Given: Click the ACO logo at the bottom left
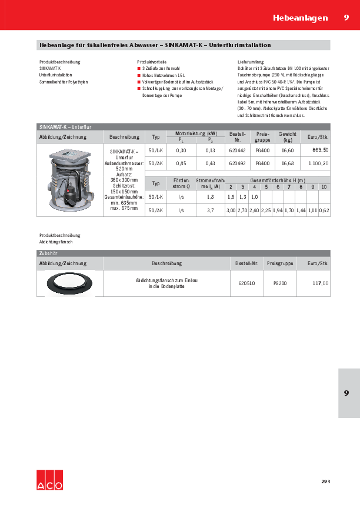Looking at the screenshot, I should pos(48,480).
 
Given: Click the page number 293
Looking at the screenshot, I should pos(325,481).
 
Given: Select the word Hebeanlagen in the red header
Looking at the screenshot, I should pos(300,18).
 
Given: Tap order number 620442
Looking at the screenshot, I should pos(238,151).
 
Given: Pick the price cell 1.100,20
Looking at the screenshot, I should pos(317,163).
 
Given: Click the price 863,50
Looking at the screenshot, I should pos(319,151).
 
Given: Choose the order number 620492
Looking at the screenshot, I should pos(238,163).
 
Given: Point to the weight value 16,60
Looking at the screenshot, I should pos(288,151).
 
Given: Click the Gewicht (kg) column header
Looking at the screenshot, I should pos(288,137).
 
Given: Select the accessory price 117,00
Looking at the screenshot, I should pos(321,283).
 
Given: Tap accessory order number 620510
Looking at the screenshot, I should pos(246,283).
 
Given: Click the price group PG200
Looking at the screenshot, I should pos(279,283).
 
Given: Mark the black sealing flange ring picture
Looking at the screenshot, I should pos(69,283).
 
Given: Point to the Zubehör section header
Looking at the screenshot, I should pos(47,253).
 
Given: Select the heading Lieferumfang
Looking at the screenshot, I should pos(251,62).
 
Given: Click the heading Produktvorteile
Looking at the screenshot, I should pos(152,62).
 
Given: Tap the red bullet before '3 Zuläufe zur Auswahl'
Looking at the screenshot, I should pos(138,69).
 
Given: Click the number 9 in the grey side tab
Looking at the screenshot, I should pos(346,393).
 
